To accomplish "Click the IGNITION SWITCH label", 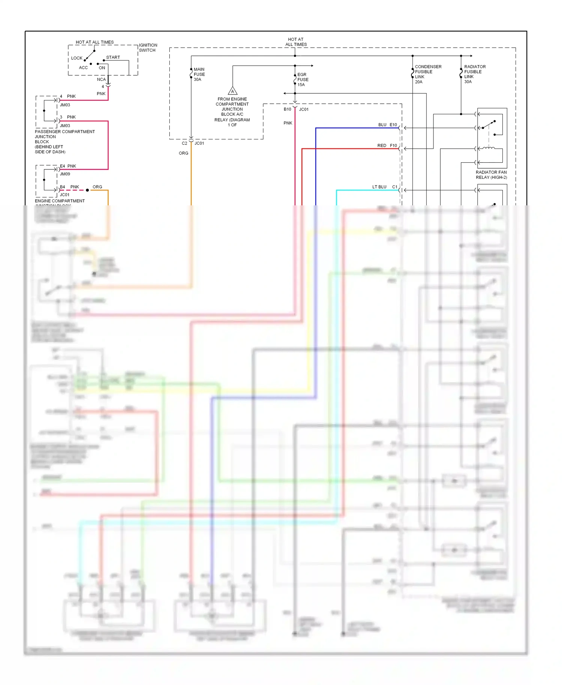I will pos(148,48).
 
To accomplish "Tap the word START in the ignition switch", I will pos(113,57).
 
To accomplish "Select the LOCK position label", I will pos(77,58).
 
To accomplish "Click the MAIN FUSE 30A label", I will pos(199,74).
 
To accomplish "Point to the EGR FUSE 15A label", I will pos(303,79).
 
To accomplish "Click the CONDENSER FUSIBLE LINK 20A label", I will pos(428,74).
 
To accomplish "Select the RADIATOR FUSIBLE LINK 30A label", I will pos(475,74).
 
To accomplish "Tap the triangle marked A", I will pos(233,91).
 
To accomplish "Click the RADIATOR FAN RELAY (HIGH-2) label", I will pos(491,175).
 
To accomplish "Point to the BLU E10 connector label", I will pos(387,125).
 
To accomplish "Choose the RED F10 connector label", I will pos(387,145).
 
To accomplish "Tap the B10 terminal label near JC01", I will pos(287,109).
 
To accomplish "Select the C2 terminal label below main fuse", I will pos(184,143).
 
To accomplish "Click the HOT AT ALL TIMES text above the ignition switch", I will pos(95,42).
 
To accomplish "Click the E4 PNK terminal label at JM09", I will pos(68,166).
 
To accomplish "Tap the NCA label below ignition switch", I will pos(101,79).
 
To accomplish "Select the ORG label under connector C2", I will pos(184,153).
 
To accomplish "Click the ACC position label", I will pos(83,68).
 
